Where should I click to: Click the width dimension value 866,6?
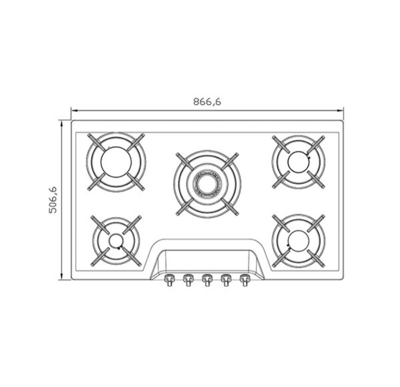click(x=207, y=102)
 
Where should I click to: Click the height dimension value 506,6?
click(x=53, y=200)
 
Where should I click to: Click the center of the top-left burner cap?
click(x=116, y=162)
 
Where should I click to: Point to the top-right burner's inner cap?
click(x=299, y=161)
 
